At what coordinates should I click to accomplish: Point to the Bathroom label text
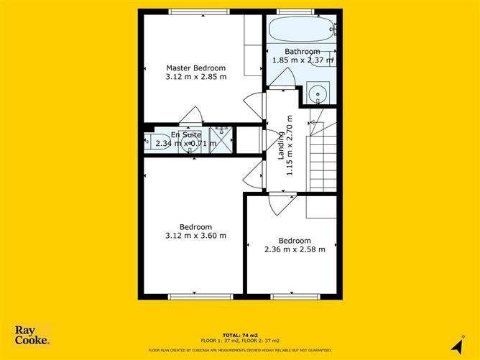(x=302, y=52)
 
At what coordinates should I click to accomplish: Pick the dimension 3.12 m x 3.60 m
(x=196, y=236)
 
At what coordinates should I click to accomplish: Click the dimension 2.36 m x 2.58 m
(x=295, y=249)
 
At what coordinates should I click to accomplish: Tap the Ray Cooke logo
(x=32, y=335)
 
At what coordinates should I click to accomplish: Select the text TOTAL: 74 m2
(x=239, y=334)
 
